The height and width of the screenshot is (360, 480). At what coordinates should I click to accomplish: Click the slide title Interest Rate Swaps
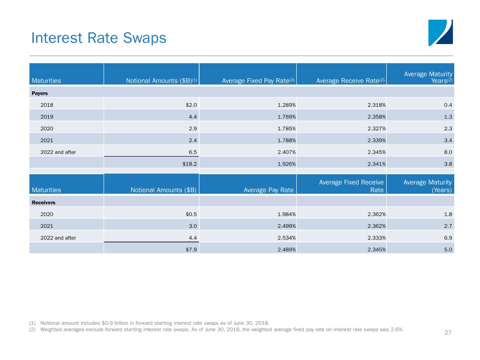pos(98,38)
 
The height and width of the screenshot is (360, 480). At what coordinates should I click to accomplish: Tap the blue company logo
pos(441,33)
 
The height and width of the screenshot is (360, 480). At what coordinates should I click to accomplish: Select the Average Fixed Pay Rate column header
pos(258,81)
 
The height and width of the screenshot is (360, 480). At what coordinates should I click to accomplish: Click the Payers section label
pos(40,93)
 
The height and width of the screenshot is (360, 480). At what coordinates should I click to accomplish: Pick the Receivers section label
pos(44,202)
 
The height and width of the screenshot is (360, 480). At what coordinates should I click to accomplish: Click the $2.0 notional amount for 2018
pos(191,105)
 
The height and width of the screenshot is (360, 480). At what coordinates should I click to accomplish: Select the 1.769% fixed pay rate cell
pos(286,117)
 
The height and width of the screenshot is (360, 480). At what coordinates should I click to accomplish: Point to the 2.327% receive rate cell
pos(376,128)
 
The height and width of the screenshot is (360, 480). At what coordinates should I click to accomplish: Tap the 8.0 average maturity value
pos(448,152)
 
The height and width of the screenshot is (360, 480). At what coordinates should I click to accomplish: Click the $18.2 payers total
pos(189,164)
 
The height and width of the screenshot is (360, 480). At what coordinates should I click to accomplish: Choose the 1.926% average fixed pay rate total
pos(286,164)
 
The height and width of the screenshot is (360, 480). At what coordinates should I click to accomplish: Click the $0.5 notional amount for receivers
pos(191,214)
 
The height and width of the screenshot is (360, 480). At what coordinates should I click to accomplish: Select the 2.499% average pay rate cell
pos(286,226)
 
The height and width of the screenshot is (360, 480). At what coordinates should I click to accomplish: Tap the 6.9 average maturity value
pos(448,238)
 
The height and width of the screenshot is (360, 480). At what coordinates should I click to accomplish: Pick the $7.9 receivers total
pos(191,250)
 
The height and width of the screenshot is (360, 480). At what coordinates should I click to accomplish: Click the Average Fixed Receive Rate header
pos(352,186)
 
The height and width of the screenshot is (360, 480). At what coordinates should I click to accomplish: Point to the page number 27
pos(448,332)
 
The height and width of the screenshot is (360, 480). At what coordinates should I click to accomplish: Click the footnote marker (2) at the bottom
pos(32,330)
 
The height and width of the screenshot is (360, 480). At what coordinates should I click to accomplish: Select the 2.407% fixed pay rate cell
pos(286,152)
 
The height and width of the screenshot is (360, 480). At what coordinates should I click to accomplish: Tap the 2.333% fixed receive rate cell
pos(376,238)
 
